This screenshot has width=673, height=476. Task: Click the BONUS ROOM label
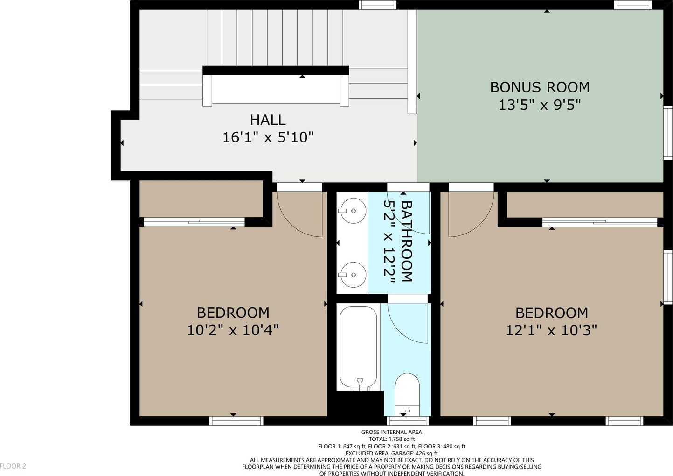(540, 87)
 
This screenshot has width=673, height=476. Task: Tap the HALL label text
(268, 120)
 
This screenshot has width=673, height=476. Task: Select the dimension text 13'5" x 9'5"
(540, 105)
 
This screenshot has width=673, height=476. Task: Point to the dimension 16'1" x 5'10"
(268, 137)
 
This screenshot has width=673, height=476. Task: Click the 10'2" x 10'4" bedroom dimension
(233, 330)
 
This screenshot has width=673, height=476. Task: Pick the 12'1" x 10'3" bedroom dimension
(551, 330)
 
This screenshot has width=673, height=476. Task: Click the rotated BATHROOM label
(407, 242)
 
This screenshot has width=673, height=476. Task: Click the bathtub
(358, 348)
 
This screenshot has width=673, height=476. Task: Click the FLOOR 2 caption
(13, 466)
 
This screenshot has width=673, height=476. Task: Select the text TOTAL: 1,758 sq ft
(391, 439)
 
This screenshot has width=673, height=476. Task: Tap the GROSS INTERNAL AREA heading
(391, 432)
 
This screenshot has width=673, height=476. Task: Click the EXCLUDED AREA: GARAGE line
(391, 453)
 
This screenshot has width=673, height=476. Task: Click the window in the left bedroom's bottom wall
(236, 420)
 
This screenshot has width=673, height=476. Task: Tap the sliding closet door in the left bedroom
(194, 222)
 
